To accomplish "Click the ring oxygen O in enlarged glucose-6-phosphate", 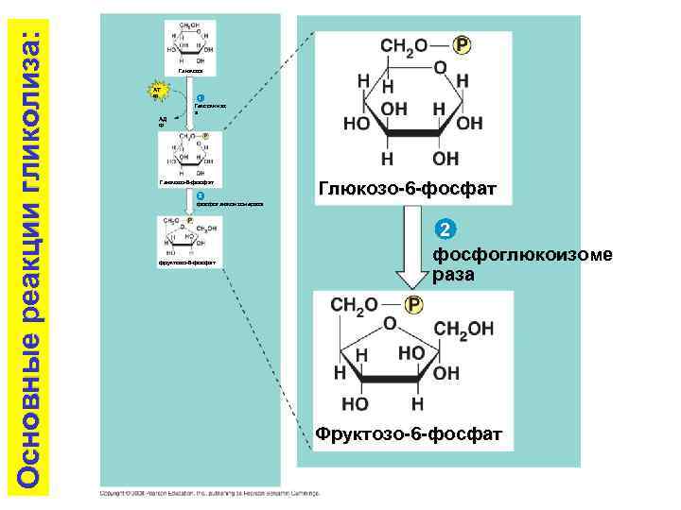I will tap(441, 68).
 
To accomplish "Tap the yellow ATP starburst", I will tap(151, 92).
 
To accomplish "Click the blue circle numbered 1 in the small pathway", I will tap(199, 98).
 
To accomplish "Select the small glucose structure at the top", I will tap(190, 43).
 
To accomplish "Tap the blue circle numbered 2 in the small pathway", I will tap(199, 195).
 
